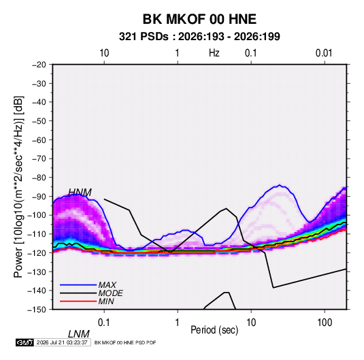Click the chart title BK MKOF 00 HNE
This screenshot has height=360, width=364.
coord(199,19)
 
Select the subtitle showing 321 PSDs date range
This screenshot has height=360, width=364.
coord(199,37)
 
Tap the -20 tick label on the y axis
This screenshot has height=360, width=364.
coord(39,65)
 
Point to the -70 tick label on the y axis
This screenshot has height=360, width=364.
coord(39,159)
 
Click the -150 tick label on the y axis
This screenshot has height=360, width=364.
coord(37,310)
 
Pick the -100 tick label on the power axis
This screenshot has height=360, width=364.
coord(37,215)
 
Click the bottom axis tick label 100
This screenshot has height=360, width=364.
coord(325,323)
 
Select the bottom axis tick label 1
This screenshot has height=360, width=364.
coord(178,323)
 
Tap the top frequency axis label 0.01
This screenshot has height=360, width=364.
coord(324,53)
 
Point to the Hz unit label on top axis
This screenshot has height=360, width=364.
coord(214,53)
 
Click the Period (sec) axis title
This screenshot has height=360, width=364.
coord(214,330)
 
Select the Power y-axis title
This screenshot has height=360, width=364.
coord(18,187)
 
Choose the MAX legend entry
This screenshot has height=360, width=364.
coord(107,284)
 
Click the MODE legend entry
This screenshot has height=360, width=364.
coord(110,293)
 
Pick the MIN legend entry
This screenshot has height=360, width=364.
coord(106,301)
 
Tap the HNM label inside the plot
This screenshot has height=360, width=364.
coord(80,193)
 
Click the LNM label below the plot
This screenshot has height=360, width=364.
coord(79,334)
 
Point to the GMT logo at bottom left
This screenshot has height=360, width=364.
coord(24,342)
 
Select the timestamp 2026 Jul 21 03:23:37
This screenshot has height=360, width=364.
coord(62,342)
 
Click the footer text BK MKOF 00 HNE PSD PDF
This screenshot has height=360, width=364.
coord(125,342)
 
